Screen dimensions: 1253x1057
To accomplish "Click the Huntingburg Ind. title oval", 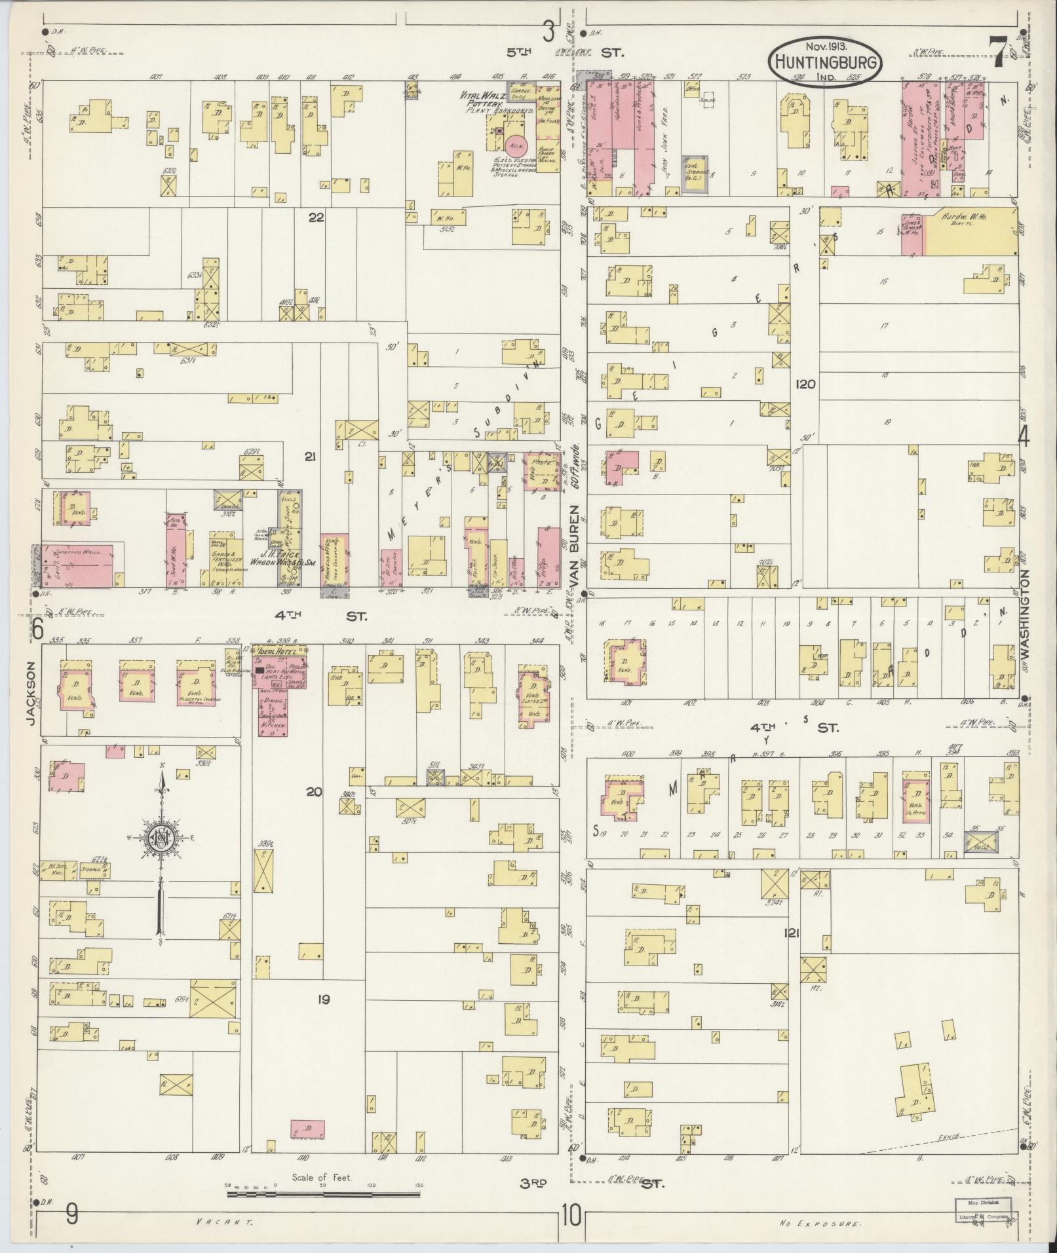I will (825, 60).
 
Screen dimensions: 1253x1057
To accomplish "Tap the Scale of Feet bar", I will (323, 1195).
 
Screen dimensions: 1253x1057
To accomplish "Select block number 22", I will (317, 218).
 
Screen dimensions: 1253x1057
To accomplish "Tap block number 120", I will (804, 384).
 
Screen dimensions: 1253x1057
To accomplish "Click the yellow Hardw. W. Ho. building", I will (972, 233).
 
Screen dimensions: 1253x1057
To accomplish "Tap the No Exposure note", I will (820, 1223).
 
